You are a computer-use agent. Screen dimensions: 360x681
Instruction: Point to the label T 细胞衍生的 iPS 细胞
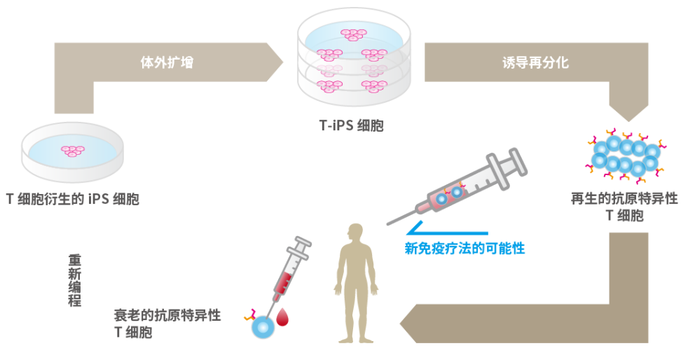[73, 199]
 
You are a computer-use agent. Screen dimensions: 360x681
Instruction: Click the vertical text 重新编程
[74, 279]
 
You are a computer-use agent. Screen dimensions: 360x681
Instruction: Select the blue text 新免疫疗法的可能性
[465, 247]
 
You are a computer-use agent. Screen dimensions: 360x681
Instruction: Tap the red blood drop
[282, 317]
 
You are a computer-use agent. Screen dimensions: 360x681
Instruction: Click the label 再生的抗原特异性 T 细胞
[624, 207]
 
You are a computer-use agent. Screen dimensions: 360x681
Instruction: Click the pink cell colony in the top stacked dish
[353, 33]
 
